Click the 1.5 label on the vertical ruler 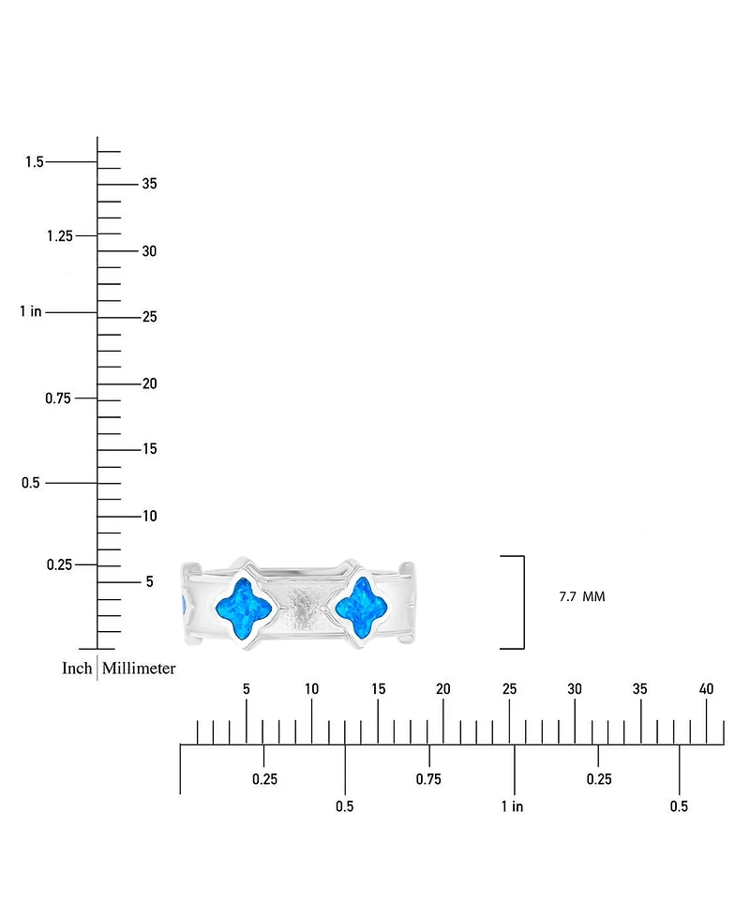pyautogui.click(x=35, y=161)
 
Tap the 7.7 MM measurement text pyautogui.click(x=582, y=596)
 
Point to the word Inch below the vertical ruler pyautogui.click(x=77, y=669)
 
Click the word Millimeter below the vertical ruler pyautogui.click(x=139, y=669)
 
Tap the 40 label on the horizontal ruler pyautogui.click(x=706, y=689)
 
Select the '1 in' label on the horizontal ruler pyautogui.click(x=512, y=806)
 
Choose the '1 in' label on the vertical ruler pyautogui.click(x=31, y=311)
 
